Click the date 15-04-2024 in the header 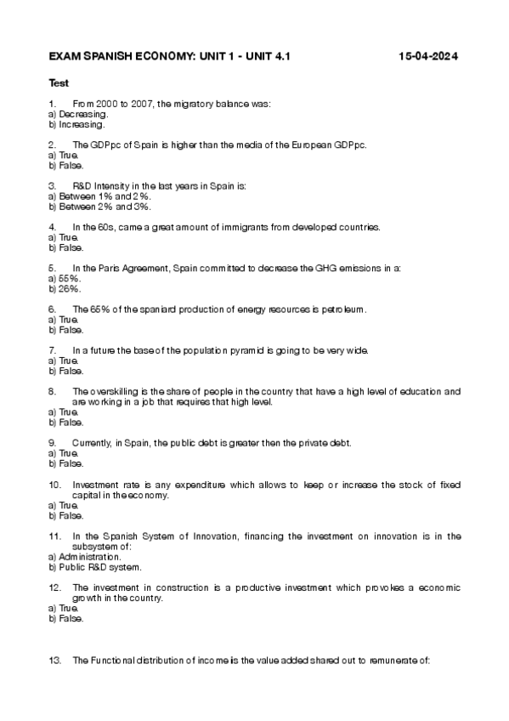(428, 56)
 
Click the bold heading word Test (59, 83)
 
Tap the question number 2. (54, 145)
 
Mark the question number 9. (54, 443)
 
